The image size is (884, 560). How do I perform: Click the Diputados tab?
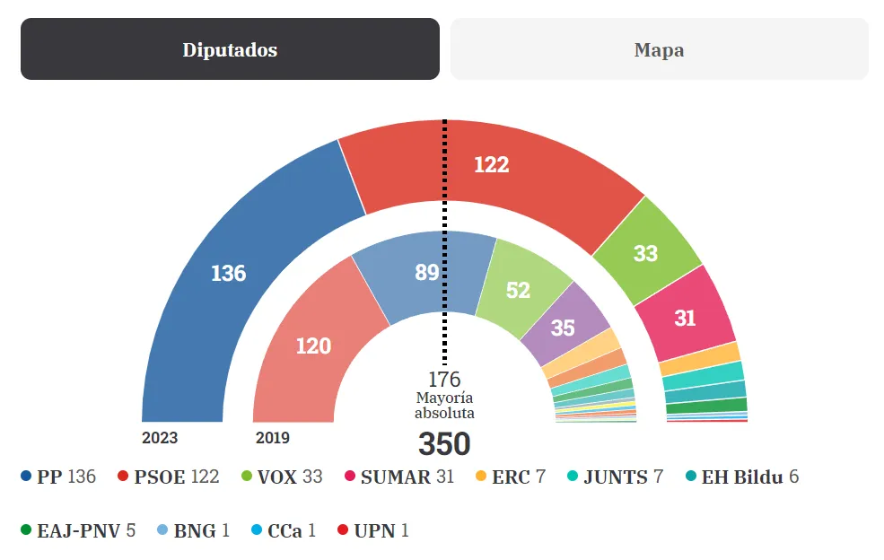[x=230, y=49]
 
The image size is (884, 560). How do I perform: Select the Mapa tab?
[x=659, y=49]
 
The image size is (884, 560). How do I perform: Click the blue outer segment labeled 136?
[x=228, y=273]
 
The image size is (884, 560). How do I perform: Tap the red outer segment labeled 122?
[x=491, y=164]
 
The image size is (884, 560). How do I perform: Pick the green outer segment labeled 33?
[x=645, y=253]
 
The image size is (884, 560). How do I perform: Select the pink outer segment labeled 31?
[x=685, y=318]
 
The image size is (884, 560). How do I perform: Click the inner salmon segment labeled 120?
[x=313, y=346]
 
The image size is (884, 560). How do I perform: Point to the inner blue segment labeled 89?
[x=426, y=272]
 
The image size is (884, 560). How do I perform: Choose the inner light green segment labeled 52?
[x=518, y=290]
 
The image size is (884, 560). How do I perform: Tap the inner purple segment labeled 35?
[x=563, y=328]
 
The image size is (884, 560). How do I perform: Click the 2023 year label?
[x=160, y=439]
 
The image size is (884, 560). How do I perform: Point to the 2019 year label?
[x=273, y=439]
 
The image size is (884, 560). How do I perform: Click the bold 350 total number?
[x=444, y=444]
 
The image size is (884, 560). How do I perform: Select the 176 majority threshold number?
[x=444, y=380]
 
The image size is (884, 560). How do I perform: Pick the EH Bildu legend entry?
[x=741, y=477]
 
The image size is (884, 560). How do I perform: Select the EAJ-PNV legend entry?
[x=77, y=530]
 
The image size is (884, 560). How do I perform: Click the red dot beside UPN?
[x=343, y=530]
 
